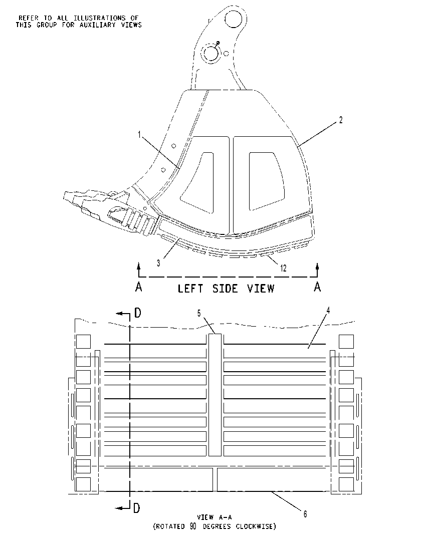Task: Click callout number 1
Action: point(139,135)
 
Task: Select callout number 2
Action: point(341,120)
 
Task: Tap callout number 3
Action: point(158,263)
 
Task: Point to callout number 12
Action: point(283,268)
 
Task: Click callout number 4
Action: point(328,311)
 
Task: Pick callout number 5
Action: point(199,313)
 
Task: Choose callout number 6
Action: point(305,514)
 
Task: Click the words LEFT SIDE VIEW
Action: point(226,289)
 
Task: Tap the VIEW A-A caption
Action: point(215,517)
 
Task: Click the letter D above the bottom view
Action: point(138,313)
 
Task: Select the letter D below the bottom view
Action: point(137,508)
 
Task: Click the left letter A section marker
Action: point(139,287)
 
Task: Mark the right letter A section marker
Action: point(317,287)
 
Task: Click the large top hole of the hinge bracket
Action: point(234,17)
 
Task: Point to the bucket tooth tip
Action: point(64,196)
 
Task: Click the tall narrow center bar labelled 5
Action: point(215,395)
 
